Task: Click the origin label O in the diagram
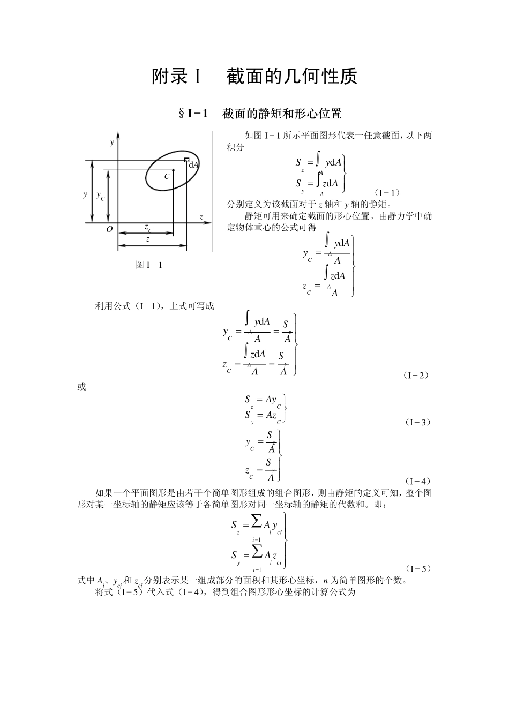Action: click(109, 229)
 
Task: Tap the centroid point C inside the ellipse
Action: click(173, 171)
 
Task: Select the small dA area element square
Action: click(186, 160)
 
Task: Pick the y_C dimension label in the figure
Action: click(100, 196)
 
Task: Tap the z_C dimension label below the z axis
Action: click(148, 228)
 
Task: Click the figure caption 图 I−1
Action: click(149, 265)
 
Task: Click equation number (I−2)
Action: click(416, 375)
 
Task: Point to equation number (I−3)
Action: click(416, 422)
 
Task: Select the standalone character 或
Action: click(81, 387)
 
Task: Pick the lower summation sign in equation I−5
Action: click(257, 551)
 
